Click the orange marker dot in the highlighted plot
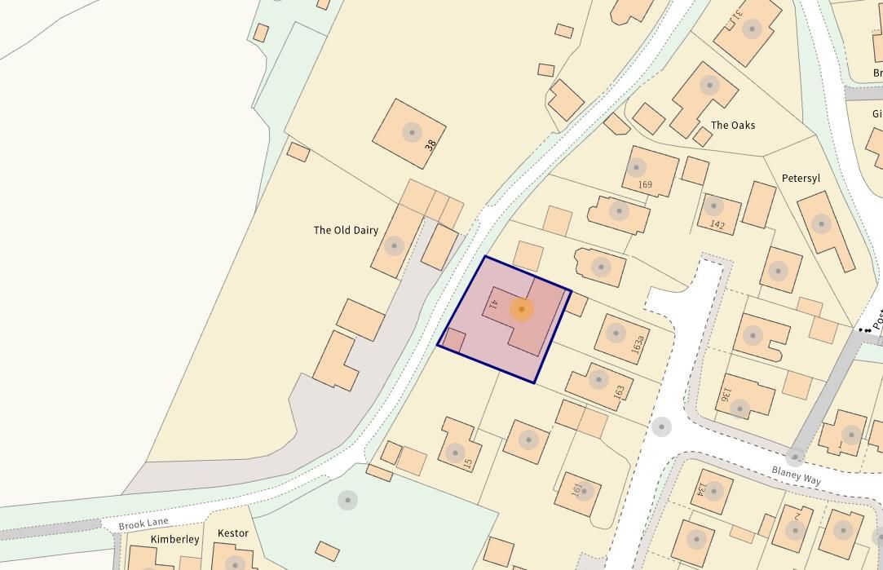tap(522, 309)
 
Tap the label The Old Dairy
tap(346, 230)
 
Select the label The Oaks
tap(733, 125)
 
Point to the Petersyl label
tap(801, 178)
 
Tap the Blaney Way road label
tap(797, 475)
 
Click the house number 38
tap(430, 144)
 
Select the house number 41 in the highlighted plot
tap(493, 305)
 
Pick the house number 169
tap(645, 184)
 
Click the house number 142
tap(717, 224)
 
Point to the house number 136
tap(723, 394)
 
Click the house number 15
tap(467, 463)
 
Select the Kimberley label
tap(174, 539)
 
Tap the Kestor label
tap(232, 533)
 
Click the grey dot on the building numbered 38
tap(412, 132)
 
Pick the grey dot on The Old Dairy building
tap(395, 245)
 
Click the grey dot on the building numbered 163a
tap(616, 333)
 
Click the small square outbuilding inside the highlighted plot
tap(453, 340)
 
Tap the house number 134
tap(700, 489)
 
